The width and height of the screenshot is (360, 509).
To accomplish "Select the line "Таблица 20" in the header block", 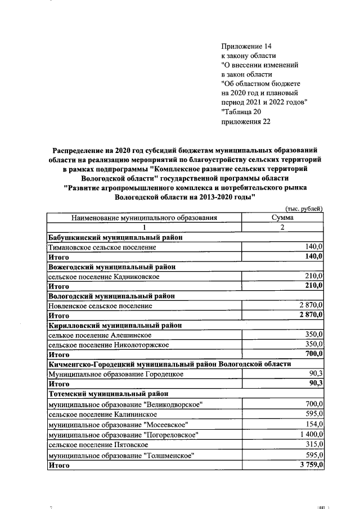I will click(x=242, y=111).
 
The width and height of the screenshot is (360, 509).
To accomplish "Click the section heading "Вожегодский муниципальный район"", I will click(x=112, y=267).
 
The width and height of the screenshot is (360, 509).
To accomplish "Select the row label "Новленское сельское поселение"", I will click(x=100, y=305).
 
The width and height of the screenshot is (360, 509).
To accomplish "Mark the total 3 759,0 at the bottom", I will click(x=309, y=465).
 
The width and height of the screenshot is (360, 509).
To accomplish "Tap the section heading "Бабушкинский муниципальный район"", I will click(x=115, y=237).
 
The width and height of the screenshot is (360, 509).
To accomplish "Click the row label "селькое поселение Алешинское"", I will click(x=101, y=335).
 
